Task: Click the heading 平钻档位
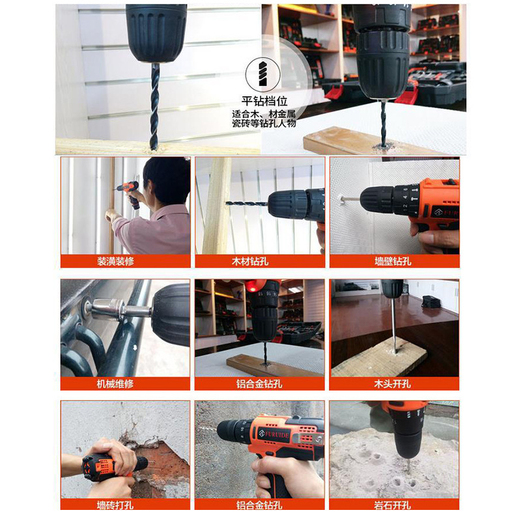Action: [264, 101]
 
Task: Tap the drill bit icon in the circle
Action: [263, 74]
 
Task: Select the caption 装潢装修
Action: [115, 261]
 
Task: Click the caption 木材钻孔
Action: [250, 261]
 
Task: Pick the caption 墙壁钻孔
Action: [393, 261]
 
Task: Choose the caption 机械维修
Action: [115, 384]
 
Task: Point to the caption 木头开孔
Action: [393, 384]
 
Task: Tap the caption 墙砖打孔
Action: [115, 505]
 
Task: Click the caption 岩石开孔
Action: [393, 505]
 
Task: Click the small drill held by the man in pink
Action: [129, 193]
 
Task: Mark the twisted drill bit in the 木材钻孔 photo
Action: [247, 203]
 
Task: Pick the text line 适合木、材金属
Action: [264, 115]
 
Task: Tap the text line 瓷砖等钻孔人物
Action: [264, 124]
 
